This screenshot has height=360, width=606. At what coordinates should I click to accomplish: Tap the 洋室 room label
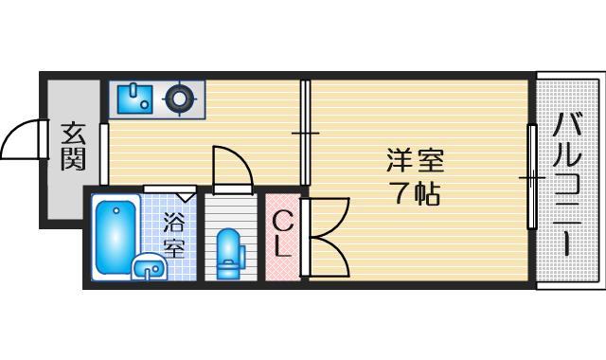[x=414, y=159]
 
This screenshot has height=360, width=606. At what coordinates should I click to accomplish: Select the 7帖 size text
[x=415, y=193]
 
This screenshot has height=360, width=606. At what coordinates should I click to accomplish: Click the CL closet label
[x=282, y=236]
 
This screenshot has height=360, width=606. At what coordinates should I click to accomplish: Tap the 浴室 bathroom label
[x=173, y=235]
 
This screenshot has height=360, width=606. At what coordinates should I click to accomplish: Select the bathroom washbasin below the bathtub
[x=147, y=268]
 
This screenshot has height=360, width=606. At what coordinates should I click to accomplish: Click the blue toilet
[x=229, y=255]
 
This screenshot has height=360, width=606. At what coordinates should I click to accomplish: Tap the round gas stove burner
[x=179, y=97]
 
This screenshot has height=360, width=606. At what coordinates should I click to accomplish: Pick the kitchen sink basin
[x=133, y=97]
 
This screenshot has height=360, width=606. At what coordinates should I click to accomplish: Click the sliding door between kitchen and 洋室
[x=305, y=133]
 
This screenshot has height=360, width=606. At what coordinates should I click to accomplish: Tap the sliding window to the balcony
[x=532, y=175]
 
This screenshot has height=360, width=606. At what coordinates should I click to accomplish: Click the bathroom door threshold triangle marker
[x=186, y=196]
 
